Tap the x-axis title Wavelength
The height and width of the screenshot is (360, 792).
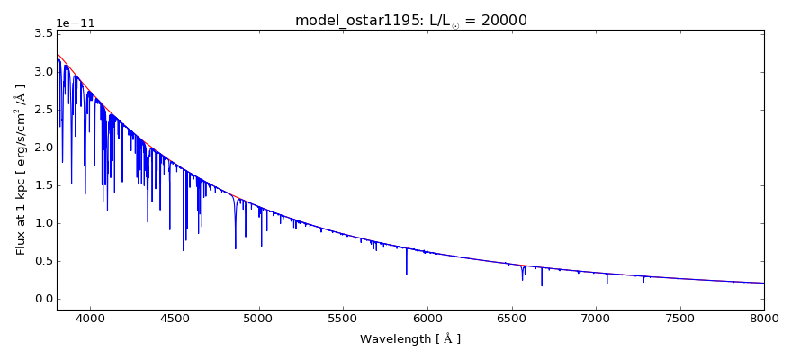tap(409, 339)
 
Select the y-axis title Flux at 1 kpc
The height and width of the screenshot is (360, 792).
tap(21, 169)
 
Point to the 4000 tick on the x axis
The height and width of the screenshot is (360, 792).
tap(90, 319)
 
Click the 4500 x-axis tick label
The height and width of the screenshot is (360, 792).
tap(175, 319)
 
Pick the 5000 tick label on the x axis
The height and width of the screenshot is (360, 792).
tap(259, 319)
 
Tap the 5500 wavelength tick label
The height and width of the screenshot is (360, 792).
tap(343, 319)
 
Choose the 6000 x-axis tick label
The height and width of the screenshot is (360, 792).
tap(427, 319)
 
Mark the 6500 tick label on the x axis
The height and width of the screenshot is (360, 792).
tap(511, 319)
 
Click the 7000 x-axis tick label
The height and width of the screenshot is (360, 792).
tap(596, 319)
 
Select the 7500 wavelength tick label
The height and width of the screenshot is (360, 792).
tap(680, 319)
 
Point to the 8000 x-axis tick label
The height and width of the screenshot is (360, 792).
tap(764, 319)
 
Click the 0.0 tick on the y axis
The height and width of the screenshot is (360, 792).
tap(41, 299)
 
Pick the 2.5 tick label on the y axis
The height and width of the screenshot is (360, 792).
tap(41, 109)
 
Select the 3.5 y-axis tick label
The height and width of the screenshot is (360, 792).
tap(41, 33)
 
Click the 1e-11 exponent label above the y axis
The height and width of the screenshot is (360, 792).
tap(76, 23)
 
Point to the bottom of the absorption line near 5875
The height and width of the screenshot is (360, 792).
tap(406, 274)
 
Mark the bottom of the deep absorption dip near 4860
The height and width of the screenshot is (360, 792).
tap(236, 247)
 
